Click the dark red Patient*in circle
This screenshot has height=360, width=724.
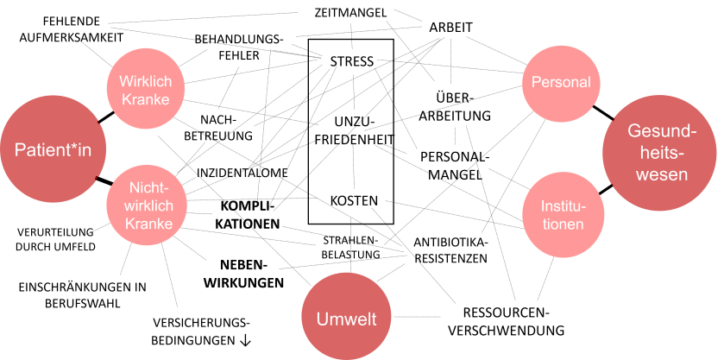[53, 150]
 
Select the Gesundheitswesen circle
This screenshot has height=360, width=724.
[658, 152]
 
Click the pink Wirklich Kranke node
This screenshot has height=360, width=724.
[145, 90]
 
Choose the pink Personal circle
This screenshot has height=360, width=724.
[561, 83]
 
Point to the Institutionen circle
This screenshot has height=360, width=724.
[562, 214]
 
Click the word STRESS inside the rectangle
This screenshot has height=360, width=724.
[351, 61]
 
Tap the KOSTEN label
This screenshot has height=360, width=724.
[354, 200]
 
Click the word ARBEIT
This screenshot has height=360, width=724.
[450, 28]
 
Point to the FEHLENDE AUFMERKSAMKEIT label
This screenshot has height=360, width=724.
[71, 29]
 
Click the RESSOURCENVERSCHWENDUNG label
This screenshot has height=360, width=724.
[512, 321]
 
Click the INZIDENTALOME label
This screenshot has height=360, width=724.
[243, 173]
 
